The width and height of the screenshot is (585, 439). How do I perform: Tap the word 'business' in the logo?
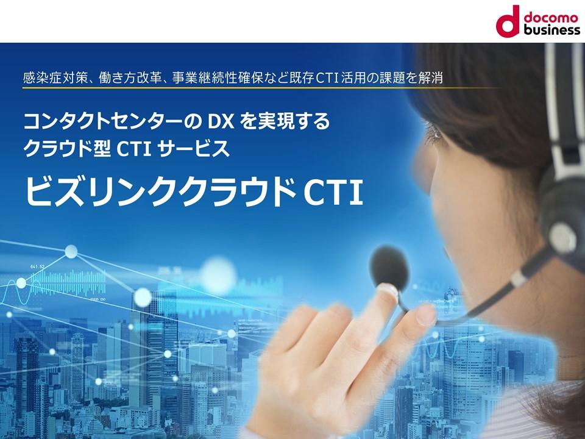click(x=552, y=29)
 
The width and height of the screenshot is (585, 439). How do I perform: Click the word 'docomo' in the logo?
click(x=551, y=17)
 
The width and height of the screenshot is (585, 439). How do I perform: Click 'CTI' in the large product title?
click(x=333, y=192)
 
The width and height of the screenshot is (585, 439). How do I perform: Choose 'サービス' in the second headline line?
click(x=193, y=149)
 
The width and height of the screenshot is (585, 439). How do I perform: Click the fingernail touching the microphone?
click(x=388, y=291)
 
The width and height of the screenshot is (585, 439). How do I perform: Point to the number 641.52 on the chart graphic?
click(x=37, y=266)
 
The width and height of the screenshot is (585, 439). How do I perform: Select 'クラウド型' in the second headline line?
click(x=67, y=149)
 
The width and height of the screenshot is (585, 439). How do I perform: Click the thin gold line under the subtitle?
click(x=261, y=88)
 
